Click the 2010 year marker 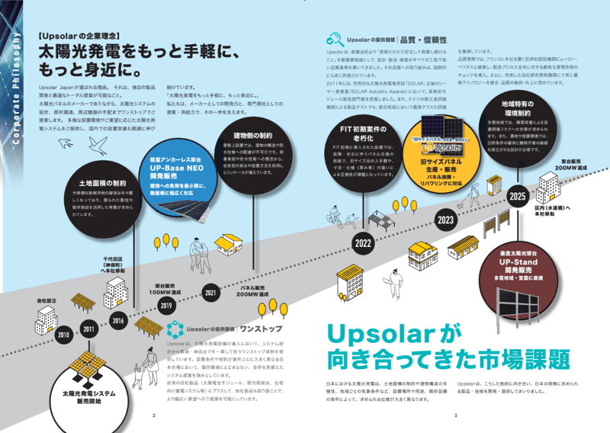(63, 335)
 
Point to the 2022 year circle (362, 243)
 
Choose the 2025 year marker (518, 197)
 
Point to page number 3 (455, 415)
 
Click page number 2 (154, 415)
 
